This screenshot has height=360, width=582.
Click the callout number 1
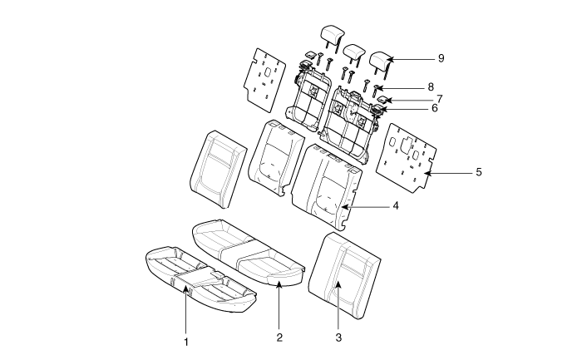(x=186, y=342)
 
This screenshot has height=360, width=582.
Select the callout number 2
(x=279, y=338)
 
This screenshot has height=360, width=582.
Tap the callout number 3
(x=338, y=338)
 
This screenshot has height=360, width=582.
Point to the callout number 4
(x=396, y=205)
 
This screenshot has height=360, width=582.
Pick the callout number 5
(x=479, y=172)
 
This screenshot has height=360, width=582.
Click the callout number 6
(x=435, y=108)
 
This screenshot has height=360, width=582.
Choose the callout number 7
(x=440, y=99)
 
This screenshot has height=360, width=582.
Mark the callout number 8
(x=431, y=87)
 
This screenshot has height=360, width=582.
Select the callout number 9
(x=441, y=58)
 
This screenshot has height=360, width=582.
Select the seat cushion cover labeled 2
(x=248, y=253)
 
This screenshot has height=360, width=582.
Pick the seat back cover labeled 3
(x=344, y=275)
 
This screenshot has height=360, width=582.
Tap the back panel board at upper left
(x=264, y=80)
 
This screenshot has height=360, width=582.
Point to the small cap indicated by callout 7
(x=382, y=100)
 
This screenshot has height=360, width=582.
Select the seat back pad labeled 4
(x=326, y=185)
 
